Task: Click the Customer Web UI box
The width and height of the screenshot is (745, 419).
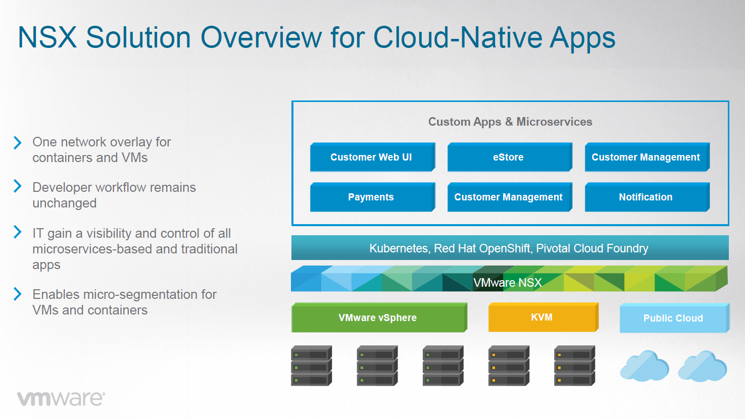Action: [373, 157]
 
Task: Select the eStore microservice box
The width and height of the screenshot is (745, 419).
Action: [510, 157]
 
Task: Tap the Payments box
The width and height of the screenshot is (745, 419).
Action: [373, 197]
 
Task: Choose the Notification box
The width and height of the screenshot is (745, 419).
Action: [647, 197]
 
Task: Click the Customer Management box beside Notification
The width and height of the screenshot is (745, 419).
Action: [510, 197]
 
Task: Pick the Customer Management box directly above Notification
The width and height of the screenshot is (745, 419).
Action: [647, 157]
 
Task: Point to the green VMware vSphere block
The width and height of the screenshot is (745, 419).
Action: [379, 317]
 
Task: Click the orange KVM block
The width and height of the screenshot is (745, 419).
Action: [543, 317]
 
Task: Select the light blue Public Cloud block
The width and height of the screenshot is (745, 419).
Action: [674, 318]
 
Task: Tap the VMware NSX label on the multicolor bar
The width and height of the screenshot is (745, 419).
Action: [508, 283]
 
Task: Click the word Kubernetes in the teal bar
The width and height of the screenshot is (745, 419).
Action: [399, 248]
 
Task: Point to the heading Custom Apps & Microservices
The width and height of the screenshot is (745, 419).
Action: [510, 122]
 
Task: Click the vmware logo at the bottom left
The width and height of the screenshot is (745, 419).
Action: [61, 398]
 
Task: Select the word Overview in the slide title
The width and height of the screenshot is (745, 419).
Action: [261, 37]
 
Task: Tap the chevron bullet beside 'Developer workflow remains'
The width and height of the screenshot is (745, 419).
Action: [18, 186]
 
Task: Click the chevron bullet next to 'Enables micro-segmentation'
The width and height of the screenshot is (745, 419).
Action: [18, 294]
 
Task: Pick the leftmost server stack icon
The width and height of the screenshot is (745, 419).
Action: [311, 366]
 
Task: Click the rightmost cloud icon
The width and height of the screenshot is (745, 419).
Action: [703, 366]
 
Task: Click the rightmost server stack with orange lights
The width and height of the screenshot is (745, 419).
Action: [574, 366]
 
